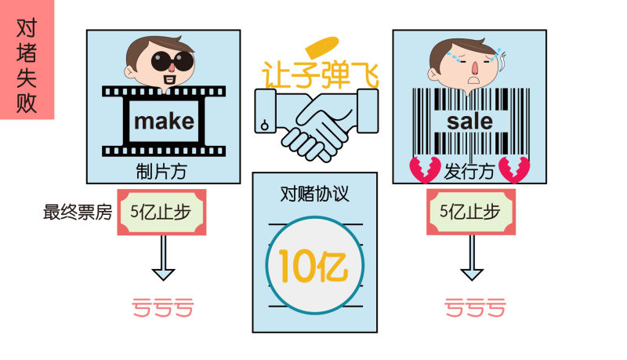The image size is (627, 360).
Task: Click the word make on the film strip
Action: [x=163, y=122]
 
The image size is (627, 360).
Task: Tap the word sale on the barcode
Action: [x=469, y=122]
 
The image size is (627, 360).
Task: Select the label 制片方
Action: [x=163, y=170]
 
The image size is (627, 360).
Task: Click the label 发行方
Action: [x=469, y=170]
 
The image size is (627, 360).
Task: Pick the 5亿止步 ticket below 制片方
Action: [x=160, y=212]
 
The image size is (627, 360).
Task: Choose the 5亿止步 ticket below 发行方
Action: [x=469, y=212]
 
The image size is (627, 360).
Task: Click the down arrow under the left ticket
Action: [x=163, y=259]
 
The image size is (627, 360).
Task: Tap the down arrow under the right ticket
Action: [x=471, y=259]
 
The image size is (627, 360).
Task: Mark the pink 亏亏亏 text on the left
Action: [x=162, y=308]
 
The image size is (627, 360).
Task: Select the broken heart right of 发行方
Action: [x=515, y=169]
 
